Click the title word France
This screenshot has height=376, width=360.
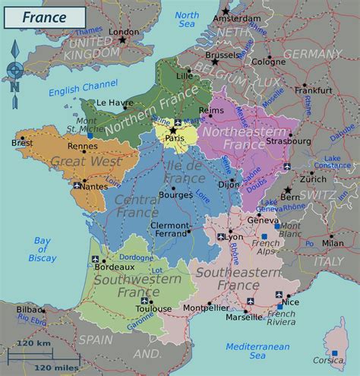pyautogui.click(x=43, y=16)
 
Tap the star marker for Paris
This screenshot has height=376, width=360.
pyautogui.click(x=173, y=131)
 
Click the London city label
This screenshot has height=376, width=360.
pyautogui.click(x=125, y=32)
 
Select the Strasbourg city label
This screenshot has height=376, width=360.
pyautogui.click(x=289, y=141)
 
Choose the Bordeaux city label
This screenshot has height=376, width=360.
pyautogui.click(x=115, y=267)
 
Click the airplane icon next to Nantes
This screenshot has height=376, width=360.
pyautogui.click(x=77, y=185)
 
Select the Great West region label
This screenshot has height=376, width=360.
pyautogui.click(x=76, y=161)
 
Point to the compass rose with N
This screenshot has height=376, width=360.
pyautogui.click(x=14, y=69)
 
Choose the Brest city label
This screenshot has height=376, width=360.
pyautogui.click(x=22, y=143)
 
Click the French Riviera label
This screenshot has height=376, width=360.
pyautogui.click(x=280, y=318)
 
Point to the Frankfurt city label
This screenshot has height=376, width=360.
pyautogui.click(x=314, y=90)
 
